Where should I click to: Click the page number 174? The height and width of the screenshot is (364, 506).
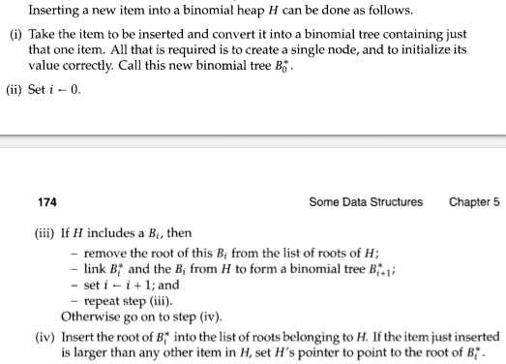click(x=46, y=202)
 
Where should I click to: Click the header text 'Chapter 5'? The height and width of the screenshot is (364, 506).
click(x=474, y=202)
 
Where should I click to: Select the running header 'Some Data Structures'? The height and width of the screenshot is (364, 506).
click(x=366, y=202)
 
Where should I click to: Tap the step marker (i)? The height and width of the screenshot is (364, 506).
click(x=15, y=32)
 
